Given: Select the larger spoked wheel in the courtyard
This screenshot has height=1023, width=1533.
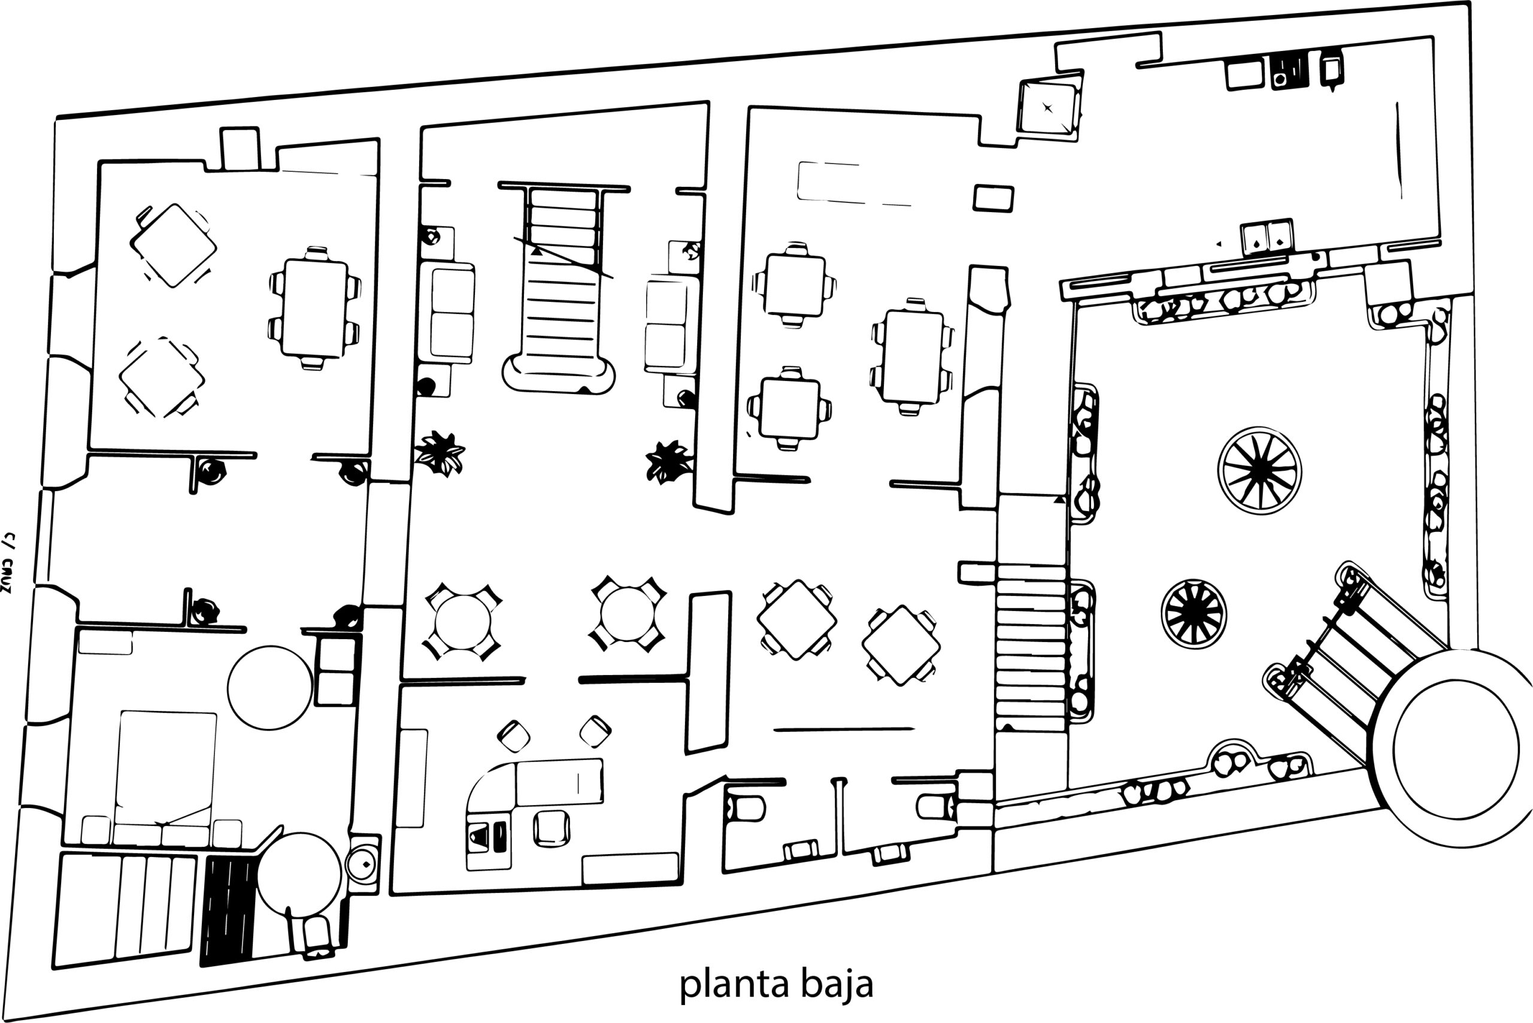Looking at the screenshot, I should (1259, 470).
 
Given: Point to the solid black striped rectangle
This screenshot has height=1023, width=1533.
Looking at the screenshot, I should (228, 910).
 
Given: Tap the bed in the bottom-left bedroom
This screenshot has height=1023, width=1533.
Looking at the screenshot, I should (166, 770).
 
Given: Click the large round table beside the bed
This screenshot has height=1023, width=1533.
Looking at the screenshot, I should (269, 688).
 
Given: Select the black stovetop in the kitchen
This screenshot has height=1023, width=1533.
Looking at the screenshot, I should (1289, 71).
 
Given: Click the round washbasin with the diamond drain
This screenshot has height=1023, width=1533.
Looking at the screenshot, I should (363, 864).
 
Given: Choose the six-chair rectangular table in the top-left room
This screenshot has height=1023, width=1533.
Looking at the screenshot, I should (314, 308).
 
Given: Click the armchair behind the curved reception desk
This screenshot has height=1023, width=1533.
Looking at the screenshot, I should (552, 828).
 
